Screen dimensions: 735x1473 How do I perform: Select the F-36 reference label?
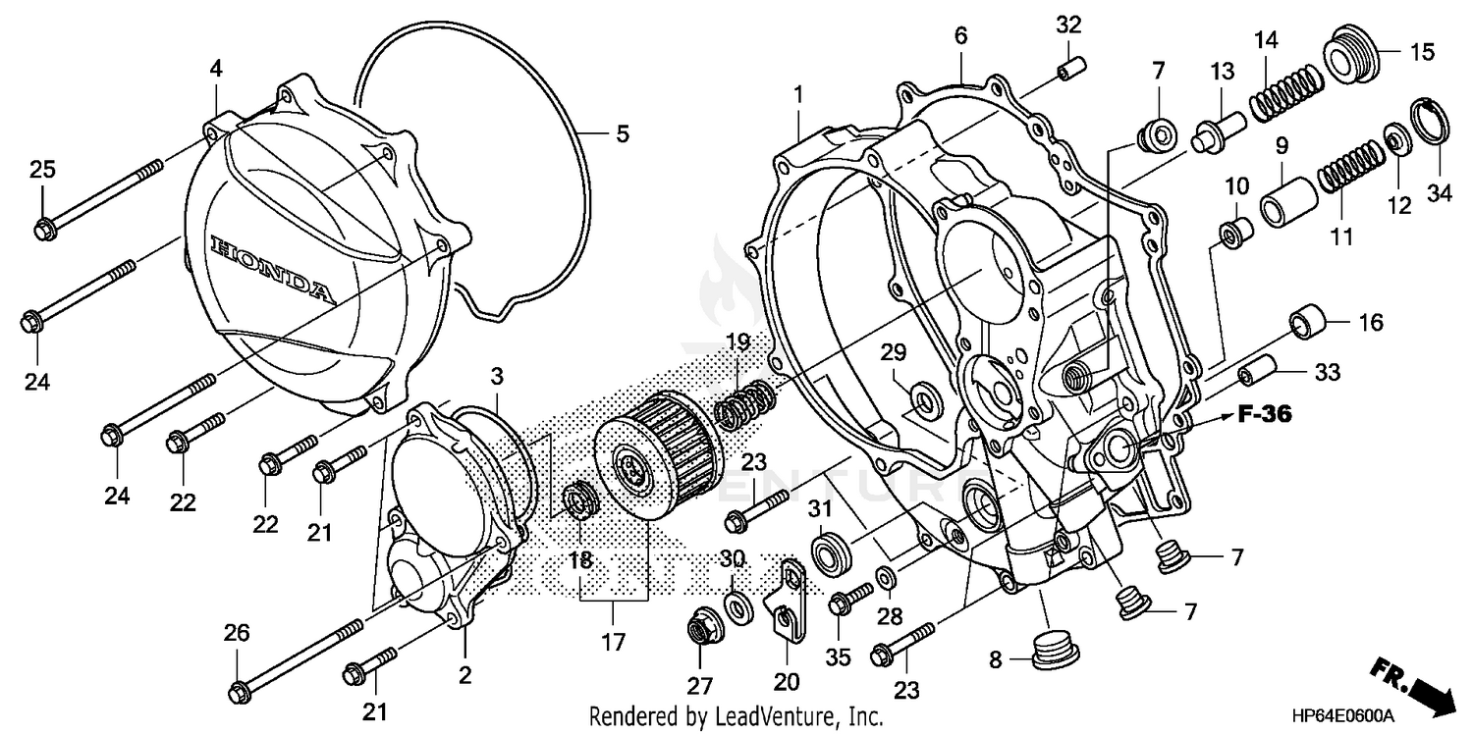coord(1264,415)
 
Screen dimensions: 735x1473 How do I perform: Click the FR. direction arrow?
coord(1414,686)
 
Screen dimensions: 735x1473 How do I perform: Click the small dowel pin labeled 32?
coord(1069,71)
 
